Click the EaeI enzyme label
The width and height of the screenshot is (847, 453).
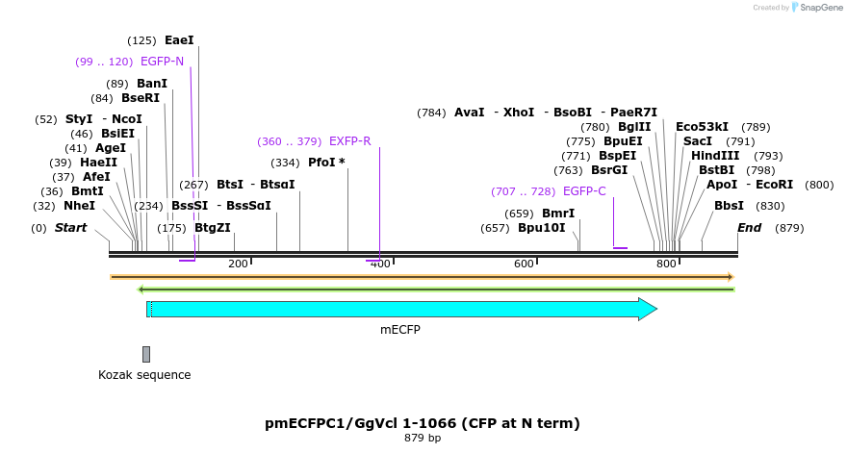coord(179,40)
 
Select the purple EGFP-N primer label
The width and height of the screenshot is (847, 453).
coord(162,62)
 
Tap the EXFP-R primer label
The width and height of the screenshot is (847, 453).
coord(349,141)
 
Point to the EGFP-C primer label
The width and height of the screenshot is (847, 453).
coord(584,191)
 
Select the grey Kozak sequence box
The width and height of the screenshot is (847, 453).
coord(146,354)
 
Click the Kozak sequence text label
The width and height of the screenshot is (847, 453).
coord(144,375)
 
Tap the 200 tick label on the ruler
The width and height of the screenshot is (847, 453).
coord(238,264)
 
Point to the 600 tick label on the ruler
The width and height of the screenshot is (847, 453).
coord(524,264)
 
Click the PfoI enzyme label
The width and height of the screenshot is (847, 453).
coord(321,163)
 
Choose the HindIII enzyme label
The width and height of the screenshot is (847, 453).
coord(715,156)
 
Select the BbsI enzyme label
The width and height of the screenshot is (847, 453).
coord(729,206)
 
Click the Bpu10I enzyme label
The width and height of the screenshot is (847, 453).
coord(542,228)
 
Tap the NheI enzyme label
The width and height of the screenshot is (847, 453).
coord(79,206)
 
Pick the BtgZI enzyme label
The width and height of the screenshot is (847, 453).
coord(213,228)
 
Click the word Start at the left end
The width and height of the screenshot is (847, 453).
coord(70,228)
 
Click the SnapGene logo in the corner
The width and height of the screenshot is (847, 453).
coord(816,8)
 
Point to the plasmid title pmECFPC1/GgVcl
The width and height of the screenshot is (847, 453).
coord(423,423)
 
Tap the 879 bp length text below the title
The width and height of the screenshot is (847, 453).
coord(423,439)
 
